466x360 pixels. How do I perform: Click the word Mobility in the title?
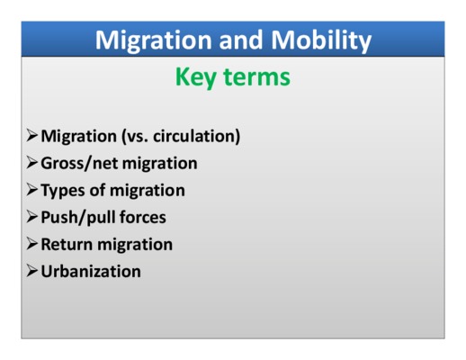click(321, 41)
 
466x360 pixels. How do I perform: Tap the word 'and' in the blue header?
click(241, 40)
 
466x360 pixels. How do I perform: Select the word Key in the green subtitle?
click(195, 77)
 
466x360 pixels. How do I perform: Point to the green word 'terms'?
click(256, 76)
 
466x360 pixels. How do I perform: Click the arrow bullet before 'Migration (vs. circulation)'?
click(32, 136)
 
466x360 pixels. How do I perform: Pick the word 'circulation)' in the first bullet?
click(197, 136)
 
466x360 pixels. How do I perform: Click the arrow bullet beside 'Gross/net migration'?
click(32, 163)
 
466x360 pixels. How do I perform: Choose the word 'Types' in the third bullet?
click(63, 191)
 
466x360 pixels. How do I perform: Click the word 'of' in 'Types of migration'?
click(97, 190)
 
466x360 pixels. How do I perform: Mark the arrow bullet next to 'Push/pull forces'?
click(32, 217)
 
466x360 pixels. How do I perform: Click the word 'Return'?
click(67, 244)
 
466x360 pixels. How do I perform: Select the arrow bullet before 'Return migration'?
click(32, 244)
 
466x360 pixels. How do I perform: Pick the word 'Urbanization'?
click(91, 271)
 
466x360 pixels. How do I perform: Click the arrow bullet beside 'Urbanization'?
click(32, 271)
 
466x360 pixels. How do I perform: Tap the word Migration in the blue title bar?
click(154, 41)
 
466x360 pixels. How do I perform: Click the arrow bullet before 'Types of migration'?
click(32, 190)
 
